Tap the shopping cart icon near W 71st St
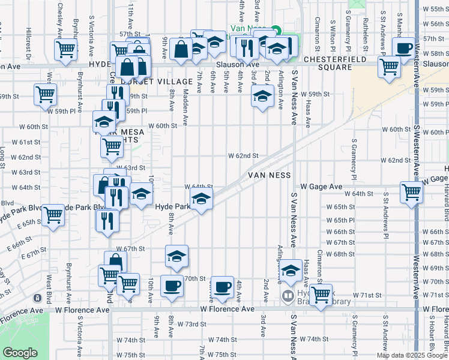pos(321,295)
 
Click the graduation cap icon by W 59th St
pos(262,95)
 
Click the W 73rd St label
pos(191,324)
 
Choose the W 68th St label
pos(340,254)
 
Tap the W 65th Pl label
pos(340,220)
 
